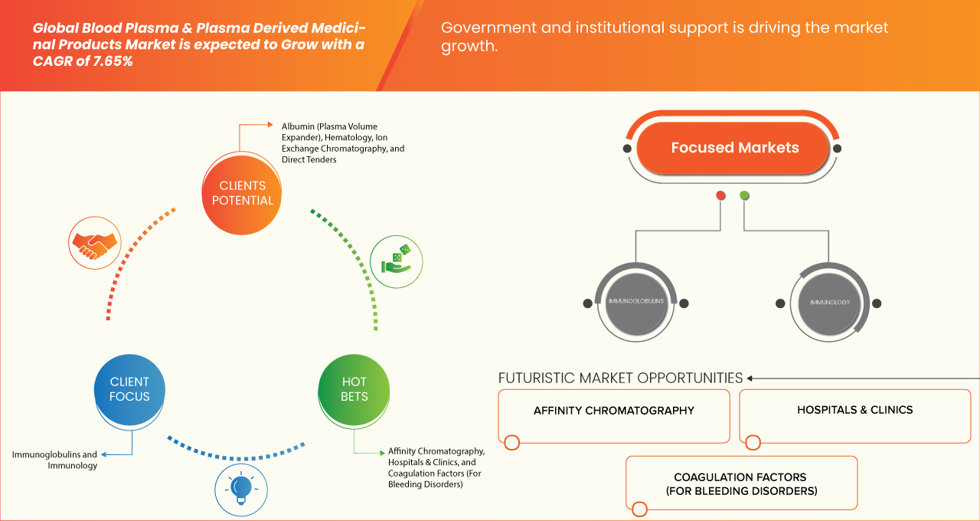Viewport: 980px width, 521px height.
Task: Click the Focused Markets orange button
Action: click(734, 148)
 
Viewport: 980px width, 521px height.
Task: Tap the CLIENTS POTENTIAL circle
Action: click(242, 193)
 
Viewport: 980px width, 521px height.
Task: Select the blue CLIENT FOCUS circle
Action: click(129, 389)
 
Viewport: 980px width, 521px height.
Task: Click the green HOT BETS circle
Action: click(354, 389)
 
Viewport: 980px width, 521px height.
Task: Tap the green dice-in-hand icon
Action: click(396, 260)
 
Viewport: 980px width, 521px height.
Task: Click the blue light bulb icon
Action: click(241, 488)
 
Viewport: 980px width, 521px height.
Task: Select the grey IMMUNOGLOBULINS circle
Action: click(635, 303)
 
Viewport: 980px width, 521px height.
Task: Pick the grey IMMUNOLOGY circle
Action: click(829, 303)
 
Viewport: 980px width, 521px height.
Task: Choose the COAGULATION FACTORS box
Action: click(741, 483)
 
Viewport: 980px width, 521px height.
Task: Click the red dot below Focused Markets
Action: click(720, 196)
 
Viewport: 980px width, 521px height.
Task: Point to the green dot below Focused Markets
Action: click(744, 196)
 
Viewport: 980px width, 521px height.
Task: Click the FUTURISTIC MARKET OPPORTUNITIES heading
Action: click(620, 378)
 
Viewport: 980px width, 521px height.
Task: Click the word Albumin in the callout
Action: click(299, 126)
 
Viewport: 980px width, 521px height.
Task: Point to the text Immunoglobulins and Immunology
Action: click(54, 460)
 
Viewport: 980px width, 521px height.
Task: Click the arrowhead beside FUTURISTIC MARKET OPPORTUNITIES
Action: click(750, 378)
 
